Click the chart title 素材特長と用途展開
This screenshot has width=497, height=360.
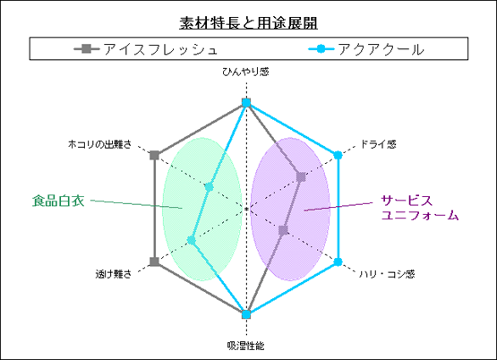coord(248,22)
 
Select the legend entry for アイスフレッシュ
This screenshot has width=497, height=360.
coord(146,49)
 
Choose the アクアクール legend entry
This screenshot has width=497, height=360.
coord(366,49)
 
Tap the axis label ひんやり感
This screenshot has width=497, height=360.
coord(245,72)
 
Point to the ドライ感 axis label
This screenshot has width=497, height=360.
coord(378,144)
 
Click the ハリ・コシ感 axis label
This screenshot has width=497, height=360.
coord(387,274)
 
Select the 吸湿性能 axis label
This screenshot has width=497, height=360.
coord(245,346)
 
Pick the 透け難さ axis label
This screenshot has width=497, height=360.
coord(114,274)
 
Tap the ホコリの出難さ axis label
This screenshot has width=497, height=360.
coord(99,144)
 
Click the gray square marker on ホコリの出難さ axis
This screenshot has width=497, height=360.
coord(154,155)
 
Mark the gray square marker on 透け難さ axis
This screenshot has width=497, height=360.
coord(154,261)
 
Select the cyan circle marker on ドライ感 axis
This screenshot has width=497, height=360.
coord(338,155)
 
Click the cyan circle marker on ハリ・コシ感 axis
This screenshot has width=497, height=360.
coord(338,261)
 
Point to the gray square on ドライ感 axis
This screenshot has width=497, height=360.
coord(301,176)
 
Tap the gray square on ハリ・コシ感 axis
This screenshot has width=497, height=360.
coord(283,230)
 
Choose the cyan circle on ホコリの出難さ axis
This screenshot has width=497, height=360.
coord(209,187)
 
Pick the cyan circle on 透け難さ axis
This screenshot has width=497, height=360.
coord(191,240)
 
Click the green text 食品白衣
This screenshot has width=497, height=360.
coord(58,201)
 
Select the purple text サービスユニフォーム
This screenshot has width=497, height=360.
coord(420,208)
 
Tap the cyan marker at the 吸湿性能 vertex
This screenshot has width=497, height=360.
coord(246,314)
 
